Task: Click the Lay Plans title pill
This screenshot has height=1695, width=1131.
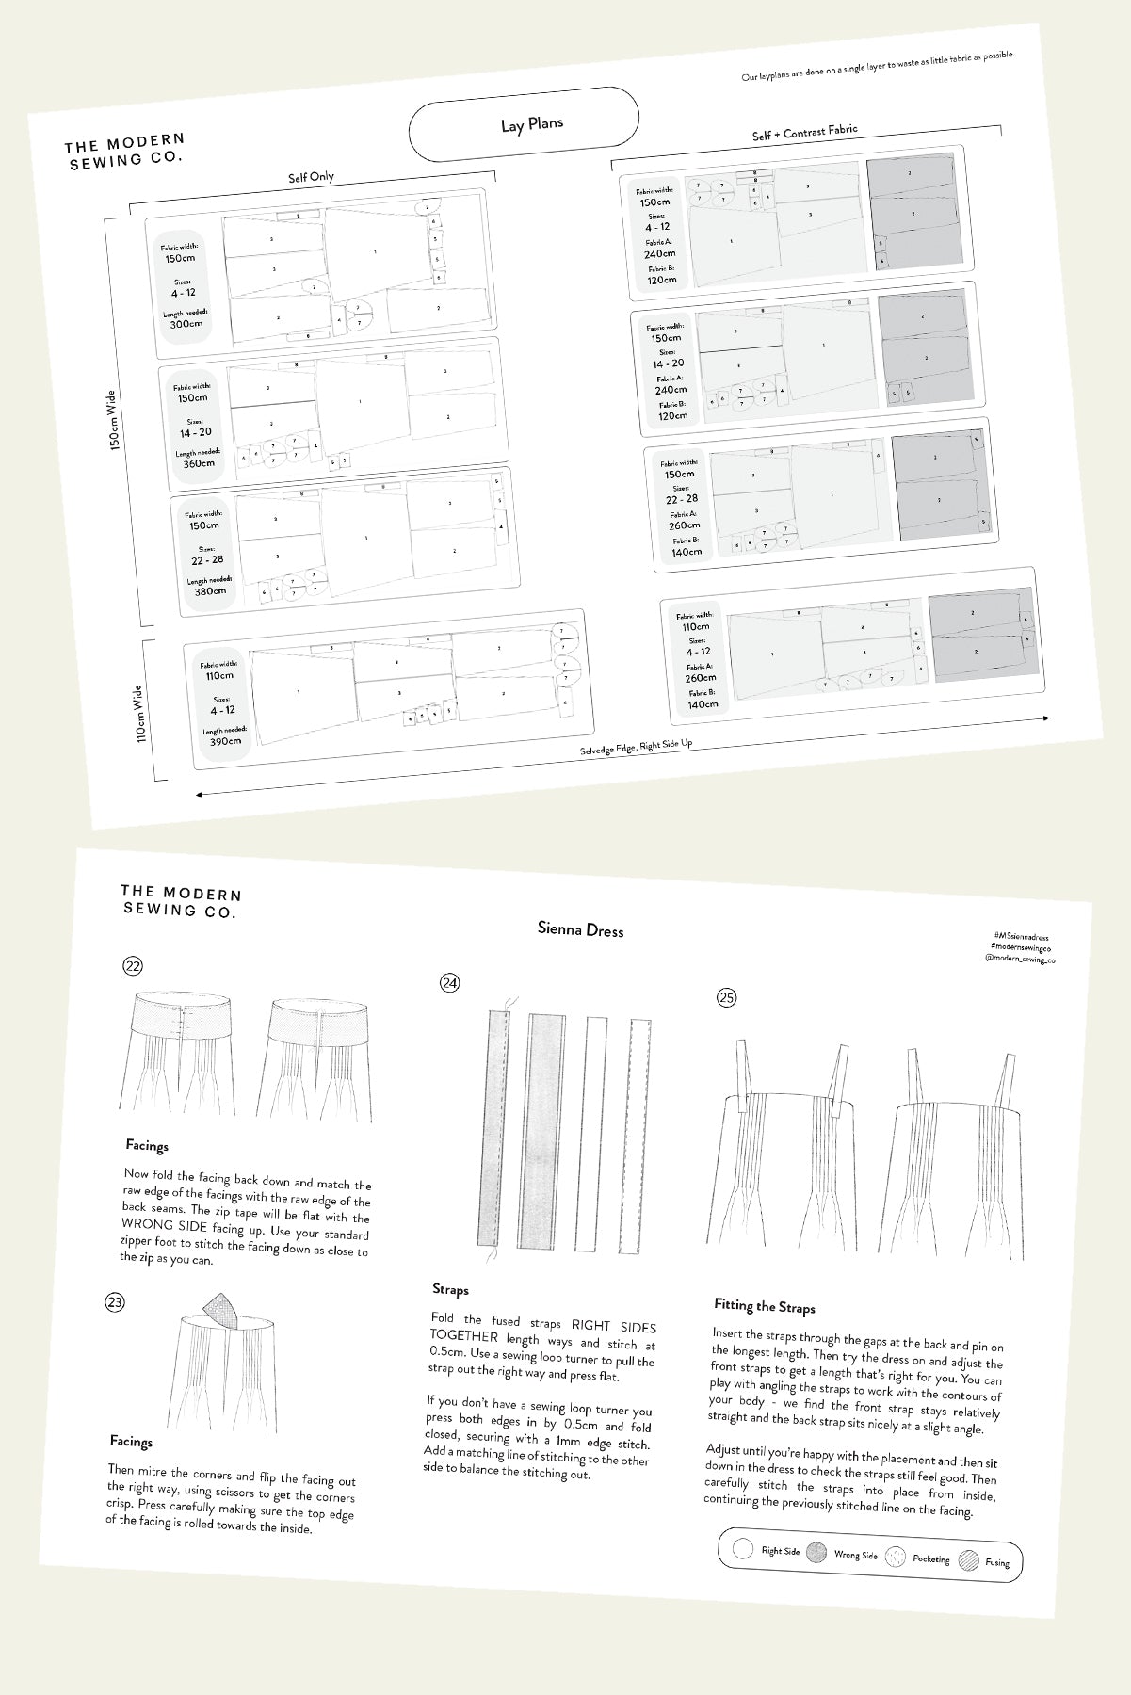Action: coord(524,122)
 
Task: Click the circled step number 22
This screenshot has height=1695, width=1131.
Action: coord(133,965)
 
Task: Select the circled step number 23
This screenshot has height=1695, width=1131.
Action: coord(115,1302)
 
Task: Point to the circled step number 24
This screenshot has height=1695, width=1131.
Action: coord(449,983)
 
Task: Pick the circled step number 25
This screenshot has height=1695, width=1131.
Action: coord(726,998)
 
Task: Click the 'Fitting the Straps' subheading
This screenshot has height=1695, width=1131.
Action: coord(764,1306)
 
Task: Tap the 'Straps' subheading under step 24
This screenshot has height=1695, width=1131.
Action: coord(450,1289)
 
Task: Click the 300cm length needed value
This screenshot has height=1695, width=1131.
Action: coord(186,324)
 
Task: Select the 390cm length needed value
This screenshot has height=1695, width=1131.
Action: coord(225,740)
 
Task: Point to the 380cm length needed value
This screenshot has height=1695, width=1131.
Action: coord(210,591)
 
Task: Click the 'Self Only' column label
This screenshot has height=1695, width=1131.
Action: coord(311,177)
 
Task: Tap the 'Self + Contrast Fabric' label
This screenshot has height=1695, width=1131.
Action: coord(804,133)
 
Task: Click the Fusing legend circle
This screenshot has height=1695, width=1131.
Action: coord(969,1560)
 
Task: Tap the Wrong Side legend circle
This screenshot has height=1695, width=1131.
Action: coord(816,1553)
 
